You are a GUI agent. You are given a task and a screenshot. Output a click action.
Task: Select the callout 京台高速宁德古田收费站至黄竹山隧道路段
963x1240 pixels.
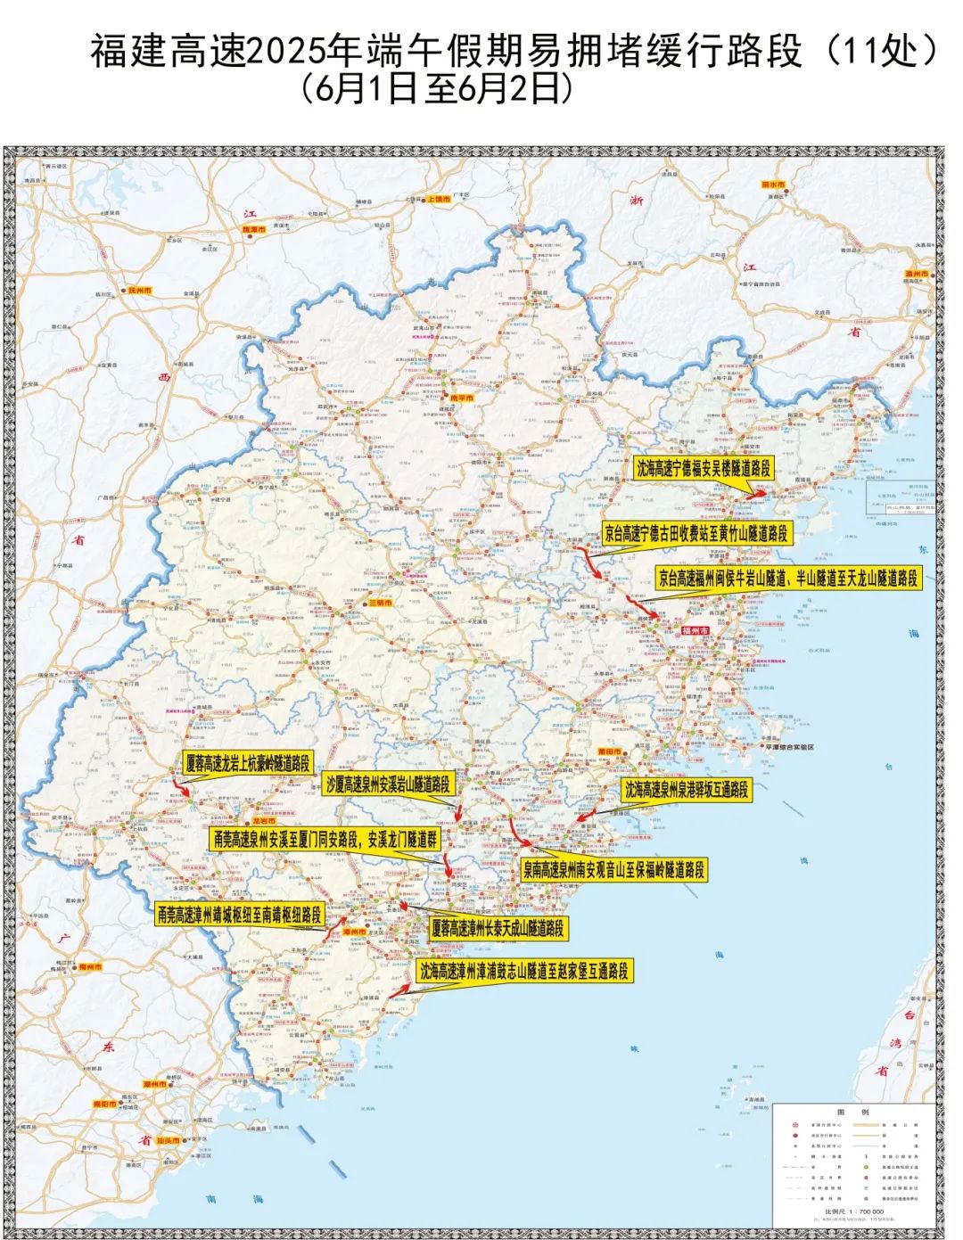(695, 533)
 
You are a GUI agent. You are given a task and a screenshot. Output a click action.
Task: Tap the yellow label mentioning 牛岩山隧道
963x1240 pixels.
(787, 578)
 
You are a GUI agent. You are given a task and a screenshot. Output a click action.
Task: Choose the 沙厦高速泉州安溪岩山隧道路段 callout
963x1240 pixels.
(388, 784)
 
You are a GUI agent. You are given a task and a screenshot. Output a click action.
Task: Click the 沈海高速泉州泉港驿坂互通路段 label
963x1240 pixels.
(686, 789)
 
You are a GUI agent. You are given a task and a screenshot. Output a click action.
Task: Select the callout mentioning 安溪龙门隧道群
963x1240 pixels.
(325, 839)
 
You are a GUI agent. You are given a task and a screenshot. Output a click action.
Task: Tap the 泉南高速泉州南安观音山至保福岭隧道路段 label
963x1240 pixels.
(613, 869)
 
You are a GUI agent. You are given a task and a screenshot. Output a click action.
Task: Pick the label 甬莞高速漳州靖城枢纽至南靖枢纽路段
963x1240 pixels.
(238, 915)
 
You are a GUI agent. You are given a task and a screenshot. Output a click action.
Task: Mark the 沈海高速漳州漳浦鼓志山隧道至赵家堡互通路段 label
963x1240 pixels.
(524, 971)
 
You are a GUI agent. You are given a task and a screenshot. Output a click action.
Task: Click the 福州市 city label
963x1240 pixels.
(694, 629)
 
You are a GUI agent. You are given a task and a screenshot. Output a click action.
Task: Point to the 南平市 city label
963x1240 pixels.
(461, 398)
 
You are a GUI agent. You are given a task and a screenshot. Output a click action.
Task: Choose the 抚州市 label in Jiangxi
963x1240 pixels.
(140, 291)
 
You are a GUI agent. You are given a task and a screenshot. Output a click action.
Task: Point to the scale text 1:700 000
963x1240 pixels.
(853, 1211)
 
